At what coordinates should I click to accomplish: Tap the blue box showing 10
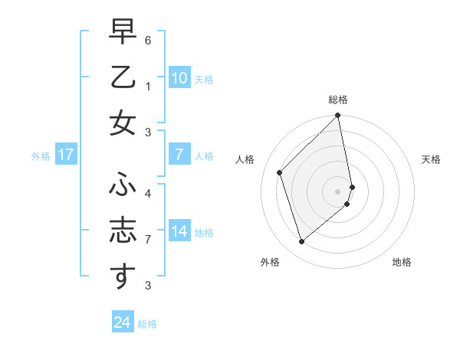click(x=179, y=77)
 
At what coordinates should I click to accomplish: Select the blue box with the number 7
click(x=179, y=155)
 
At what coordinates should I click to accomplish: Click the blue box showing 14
click(x=179, y=231)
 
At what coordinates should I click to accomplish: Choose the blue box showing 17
click(x=65, y=155)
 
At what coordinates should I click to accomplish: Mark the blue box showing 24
click(x=122, y=322)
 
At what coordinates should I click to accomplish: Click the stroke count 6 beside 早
click(x=148, y=39)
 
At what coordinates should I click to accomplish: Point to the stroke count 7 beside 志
click(x=148, y=239)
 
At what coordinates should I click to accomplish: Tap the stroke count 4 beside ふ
click(x=148, y=193)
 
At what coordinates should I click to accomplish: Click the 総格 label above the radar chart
click(x=338, y=100)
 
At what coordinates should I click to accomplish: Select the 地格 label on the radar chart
click(x=402, y=262)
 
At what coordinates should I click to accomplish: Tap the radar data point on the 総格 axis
click(x=338, y=116)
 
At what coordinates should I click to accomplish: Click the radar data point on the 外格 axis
click(x=301, y=242)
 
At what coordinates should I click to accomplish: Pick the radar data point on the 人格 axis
click(x=280, y=172)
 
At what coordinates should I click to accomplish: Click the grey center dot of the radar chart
click(x=338, y=191)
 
